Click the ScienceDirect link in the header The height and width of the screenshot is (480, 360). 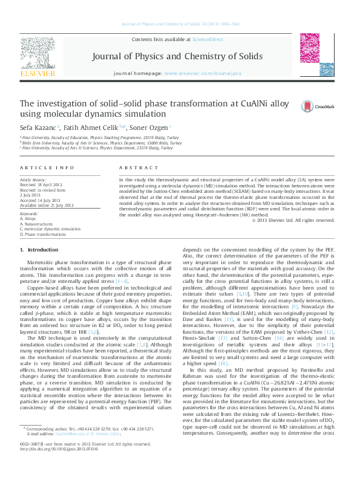[x=208, y=39]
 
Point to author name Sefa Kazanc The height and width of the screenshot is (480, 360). [x=38, y=128]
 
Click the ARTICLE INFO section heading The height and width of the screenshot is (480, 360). [x=47, y=167]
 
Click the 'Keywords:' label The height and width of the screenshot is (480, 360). [x=29, y=214]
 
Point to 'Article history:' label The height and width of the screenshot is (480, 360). [x=34, y=180]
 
